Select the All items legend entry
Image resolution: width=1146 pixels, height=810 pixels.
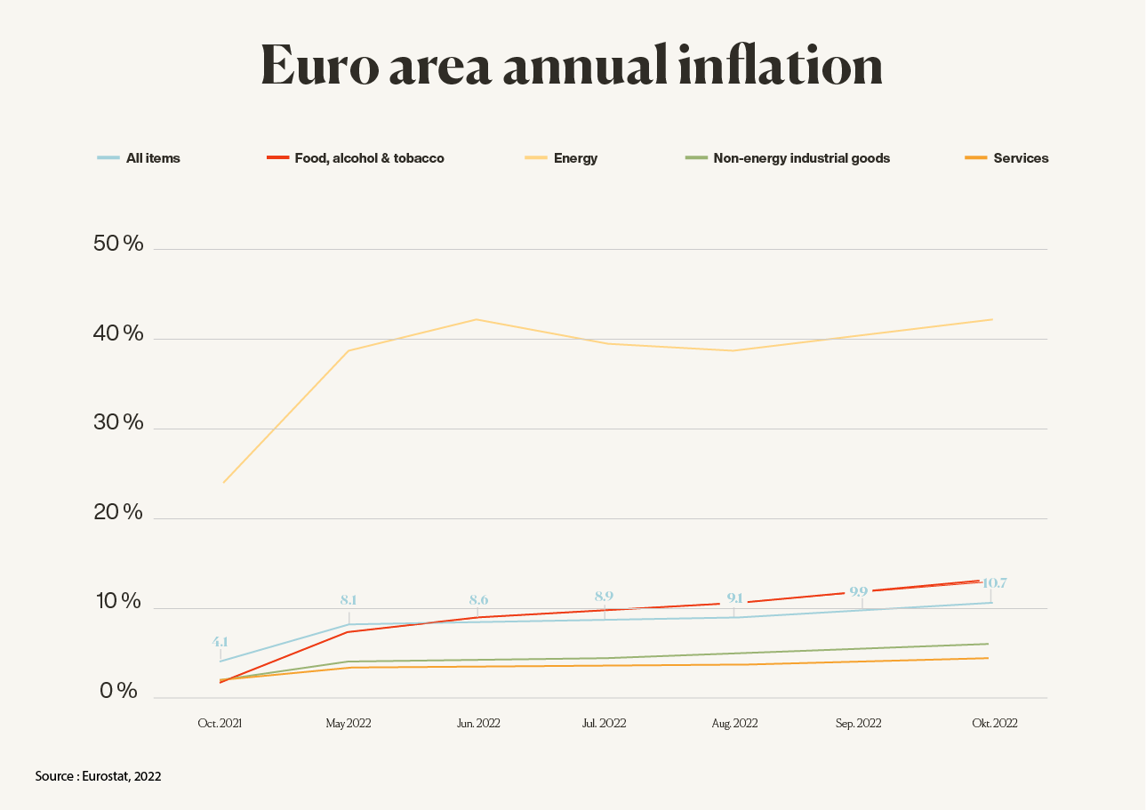(139, 158)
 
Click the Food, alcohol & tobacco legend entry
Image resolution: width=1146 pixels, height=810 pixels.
(356, 158)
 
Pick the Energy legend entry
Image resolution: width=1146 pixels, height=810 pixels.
(561, 158)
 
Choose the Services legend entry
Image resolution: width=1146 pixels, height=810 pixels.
(1006, 158)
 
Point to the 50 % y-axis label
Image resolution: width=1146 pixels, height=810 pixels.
(118, 244)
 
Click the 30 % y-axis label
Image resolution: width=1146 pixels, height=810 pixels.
(118, 422)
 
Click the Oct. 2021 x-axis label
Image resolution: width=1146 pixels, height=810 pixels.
(220, 724)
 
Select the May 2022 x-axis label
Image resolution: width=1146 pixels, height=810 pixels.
(348, 724)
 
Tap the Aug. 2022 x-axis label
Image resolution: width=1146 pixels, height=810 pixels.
(734, 724)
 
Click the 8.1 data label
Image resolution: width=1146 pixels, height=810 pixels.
(349, 600)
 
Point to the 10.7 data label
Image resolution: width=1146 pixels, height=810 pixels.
(993, 583)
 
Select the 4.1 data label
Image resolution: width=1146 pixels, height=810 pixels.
(220, 641)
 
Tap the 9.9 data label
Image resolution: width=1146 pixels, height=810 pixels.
(858, 591)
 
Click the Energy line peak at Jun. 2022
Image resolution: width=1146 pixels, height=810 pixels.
(477, 319)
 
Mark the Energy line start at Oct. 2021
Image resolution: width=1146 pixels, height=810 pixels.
(223, 483)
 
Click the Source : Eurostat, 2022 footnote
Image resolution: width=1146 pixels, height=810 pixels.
(99, 776)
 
